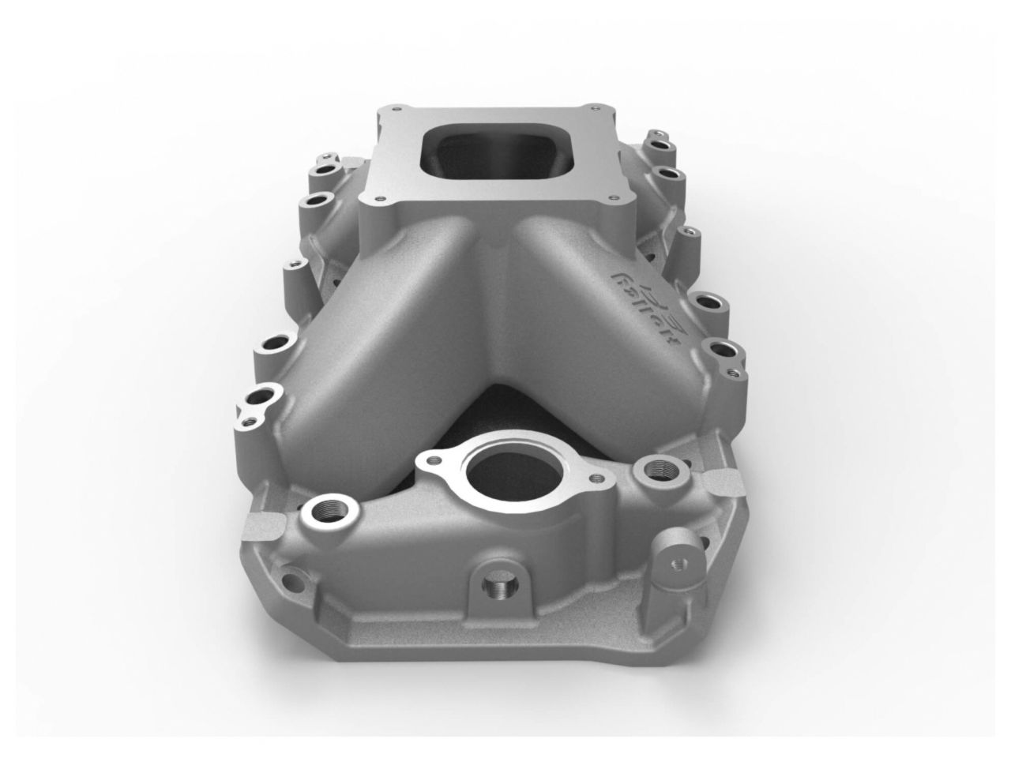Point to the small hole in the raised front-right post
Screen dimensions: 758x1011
pyautogui.click(x=678, y=564)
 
